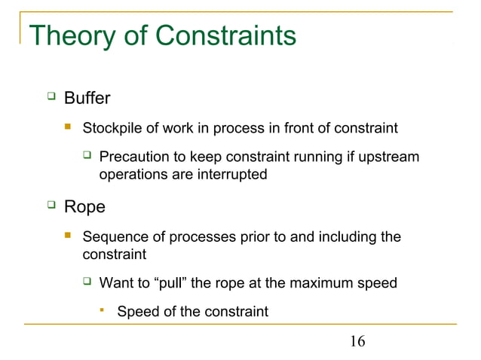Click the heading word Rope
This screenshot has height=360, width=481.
pos(84,206)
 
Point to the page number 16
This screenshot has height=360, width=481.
pos(357,342)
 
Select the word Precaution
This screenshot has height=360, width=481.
pos(134,157)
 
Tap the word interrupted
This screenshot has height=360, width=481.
pos(231,174)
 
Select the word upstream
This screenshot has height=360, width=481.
pos(391,157)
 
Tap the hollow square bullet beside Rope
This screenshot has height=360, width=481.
pos(51,205)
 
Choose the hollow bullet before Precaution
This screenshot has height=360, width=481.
pos(87,157)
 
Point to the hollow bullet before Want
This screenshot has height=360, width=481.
pos(87,283)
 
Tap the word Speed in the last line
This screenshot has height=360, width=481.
pos(136,311)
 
